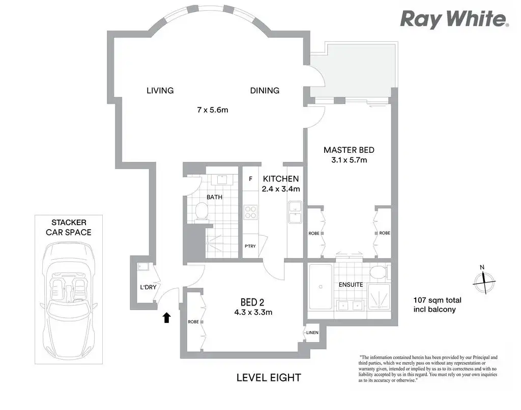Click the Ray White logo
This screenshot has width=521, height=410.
point(454,19)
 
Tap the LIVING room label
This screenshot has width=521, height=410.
point(160,91)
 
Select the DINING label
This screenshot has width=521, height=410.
point(265,91)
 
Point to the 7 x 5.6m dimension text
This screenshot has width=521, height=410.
point(213,110)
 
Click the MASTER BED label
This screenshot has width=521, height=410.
point(349,150)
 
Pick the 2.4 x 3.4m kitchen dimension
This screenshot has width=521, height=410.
point(281,189)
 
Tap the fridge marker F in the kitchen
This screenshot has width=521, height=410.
point(250,179)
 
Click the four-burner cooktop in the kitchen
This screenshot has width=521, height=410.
point(250,212)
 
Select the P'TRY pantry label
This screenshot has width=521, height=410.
point(250,246)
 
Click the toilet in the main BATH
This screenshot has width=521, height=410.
point(201,211)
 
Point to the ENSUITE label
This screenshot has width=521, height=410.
point(351,285)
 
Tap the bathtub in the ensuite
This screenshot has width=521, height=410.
point(321,287)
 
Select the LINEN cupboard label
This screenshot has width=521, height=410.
point(312,333)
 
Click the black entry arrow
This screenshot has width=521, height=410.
point(166,318)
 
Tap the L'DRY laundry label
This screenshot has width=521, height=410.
point(148,287)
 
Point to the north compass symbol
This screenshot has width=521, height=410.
point(484,281)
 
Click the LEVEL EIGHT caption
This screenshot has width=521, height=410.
point(269,378)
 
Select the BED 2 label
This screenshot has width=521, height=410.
point(252,302)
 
